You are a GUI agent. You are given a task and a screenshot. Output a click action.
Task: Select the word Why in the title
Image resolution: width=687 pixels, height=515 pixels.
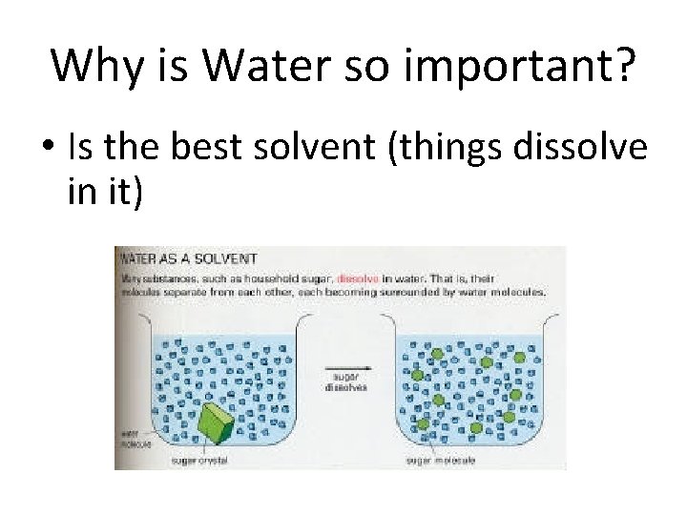[x=97, y=65]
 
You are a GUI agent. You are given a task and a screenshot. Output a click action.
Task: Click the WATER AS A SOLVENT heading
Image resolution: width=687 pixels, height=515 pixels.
[x=187, y=257]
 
